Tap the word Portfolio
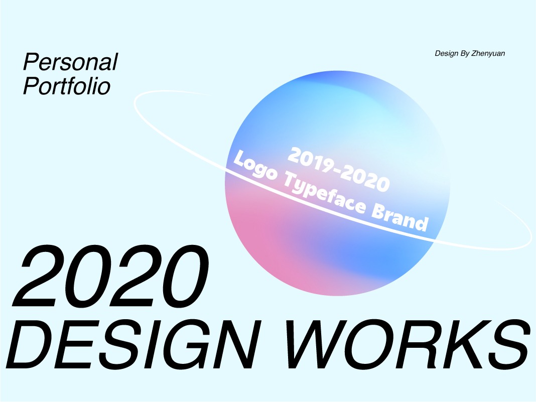tap(67, 86)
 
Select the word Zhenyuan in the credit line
tap(488, 53)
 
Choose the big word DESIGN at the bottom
tap(131, 344)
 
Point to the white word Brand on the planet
tap(399, 218)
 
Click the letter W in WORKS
tap(320, 344)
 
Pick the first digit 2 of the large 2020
tap(38, 276)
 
